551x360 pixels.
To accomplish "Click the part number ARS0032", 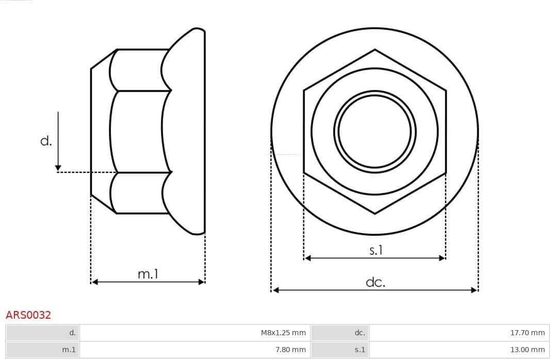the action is (x=28, y=315).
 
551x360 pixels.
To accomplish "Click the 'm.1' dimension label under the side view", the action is (x=148, y=273).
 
